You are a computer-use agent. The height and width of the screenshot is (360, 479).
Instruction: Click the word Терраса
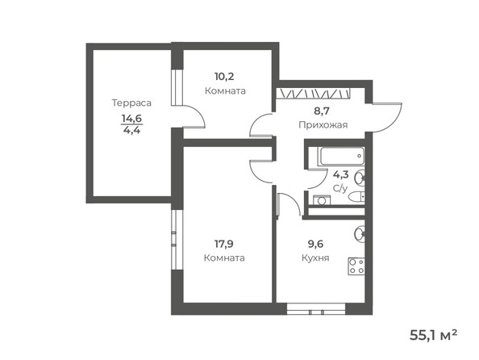[132, 103]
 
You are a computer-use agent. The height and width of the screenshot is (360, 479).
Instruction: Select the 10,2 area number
[225, 77]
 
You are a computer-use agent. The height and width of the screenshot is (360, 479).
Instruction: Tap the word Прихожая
[323, 125]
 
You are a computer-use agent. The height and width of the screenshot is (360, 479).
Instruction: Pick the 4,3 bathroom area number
[339, 174]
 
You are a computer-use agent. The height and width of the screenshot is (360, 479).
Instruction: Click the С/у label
[339, 188]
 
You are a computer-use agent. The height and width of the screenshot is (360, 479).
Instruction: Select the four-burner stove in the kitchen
[356, 265]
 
